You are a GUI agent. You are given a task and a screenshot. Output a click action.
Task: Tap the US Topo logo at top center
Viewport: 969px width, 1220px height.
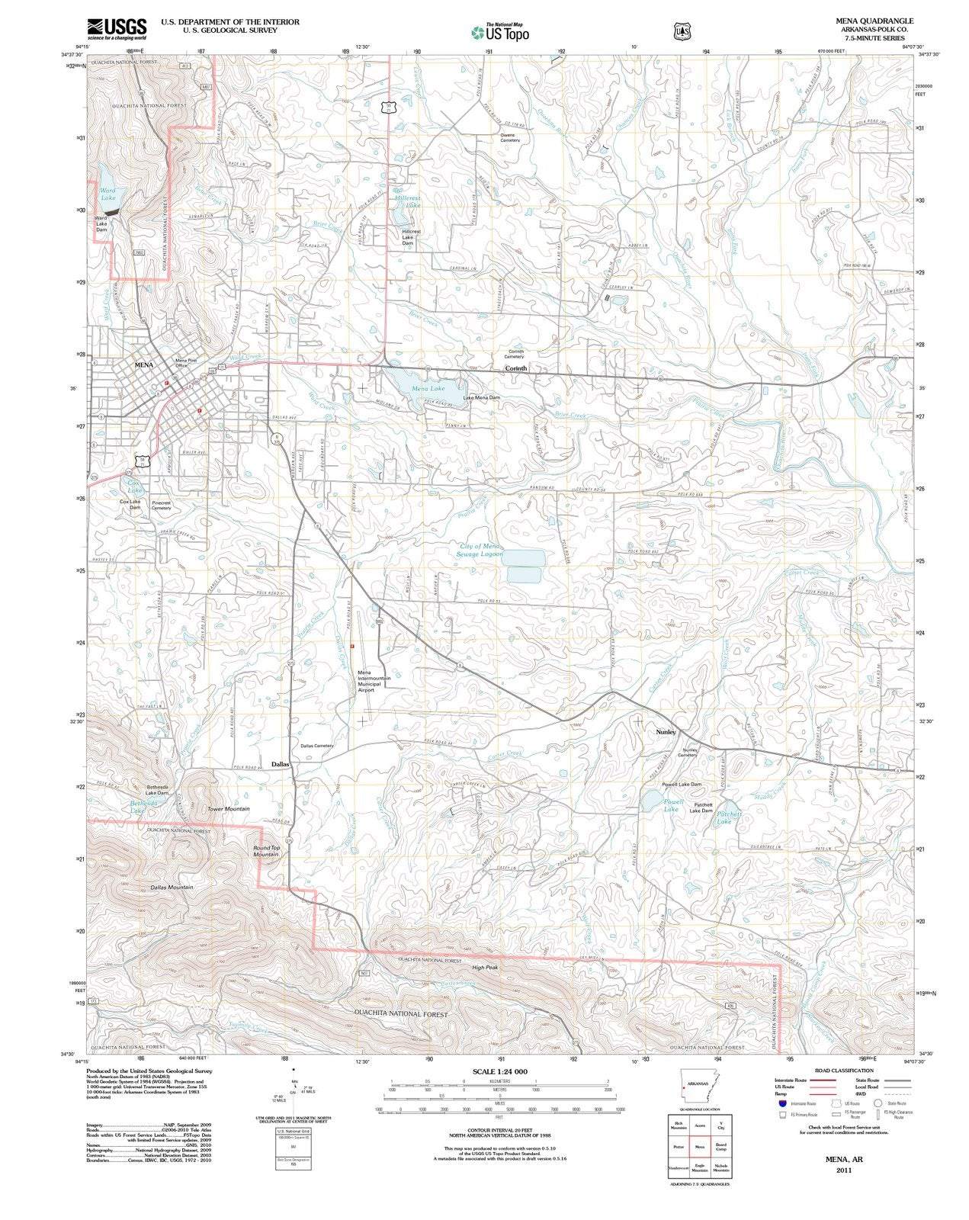click(499, 32)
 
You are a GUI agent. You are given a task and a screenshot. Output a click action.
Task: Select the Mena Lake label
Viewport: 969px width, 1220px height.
click(428, 389)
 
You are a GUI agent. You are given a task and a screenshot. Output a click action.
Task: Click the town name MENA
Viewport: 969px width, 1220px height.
click(143, 365)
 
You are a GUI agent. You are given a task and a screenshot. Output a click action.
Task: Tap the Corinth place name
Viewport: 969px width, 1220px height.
click(516, 368)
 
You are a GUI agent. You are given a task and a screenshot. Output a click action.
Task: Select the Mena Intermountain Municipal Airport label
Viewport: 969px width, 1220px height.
click(374, 681)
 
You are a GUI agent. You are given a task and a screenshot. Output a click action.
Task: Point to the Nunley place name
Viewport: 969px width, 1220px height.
click(666, 732)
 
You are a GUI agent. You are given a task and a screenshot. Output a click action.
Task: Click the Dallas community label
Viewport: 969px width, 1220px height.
click(281, 763)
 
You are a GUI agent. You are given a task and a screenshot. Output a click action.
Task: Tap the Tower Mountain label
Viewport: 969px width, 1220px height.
click(228, 809)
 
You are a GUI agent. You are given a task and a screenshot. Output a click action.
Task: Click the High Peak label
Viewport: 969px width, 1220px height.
click(484, 968)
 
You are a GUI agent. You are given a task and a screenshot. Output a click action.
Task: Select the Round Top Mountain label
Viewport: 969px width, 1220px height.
click(266, 851)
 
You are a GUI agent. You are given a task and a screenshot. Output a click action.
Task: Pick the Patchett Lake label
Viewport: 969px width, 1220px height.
click(724, 818)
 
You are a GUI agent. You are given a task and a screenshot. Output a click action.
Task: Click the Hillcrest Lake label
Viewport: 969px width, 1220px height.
click(409, 201)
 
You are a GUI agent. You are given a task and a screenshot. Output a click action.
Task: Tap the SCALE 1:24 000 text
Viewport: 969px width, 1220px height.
click(499, 1071)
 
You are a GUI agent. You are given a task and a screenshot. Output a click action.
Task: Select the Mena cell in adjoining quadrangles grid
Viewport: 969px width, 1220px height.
click(699, 1146)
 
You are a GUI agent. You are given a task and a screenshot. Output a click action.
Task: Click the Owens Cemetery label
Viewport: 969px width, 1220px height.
click(509, 138)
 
